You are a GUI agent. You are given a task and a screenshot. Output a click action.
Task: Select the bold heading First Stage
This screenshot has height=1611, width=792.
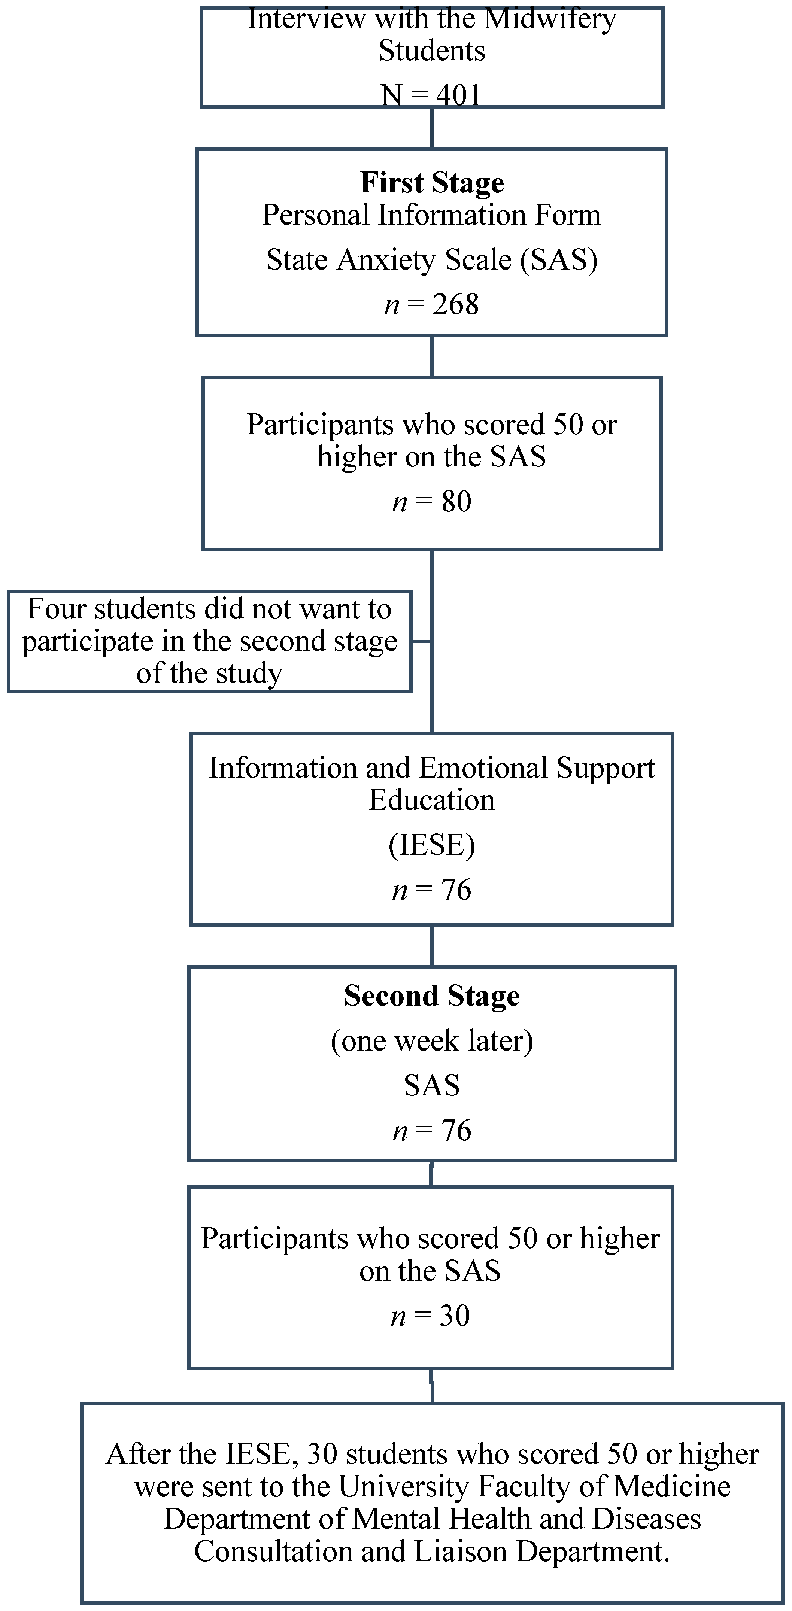click(x=432, y=183)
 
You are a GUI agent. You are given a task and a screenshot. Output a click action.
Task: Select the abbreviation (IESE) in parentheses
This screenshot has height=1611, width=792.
click(x=432, y=845)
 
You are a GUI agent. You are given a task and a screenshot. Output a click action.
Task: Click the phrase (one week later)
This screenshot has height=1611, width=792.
click(x=432, y=1041)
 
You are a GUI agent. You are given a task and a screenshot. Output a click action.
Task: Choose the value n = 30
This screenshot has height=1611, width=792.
click(x=430, y=1316)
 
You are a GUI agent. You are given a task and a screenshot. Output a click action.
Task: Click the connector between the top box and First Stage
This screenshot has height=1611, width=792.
click(x=432, y=128)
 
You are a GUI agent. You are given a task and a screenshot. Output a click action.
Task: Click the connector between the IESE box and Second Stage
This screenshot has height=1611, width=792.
click(x=432, y=946)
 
